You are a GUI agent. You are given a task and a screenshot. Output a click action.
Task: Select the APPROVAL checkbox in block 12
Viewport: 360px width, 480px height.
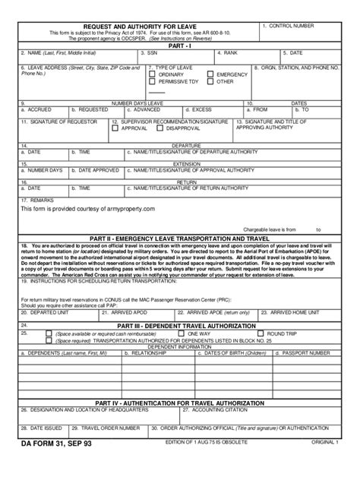pyautogui.click(x=115, y=128)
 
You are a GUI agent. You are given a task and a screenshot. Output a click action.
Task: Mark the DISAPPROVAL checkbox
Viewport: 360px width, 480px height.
pyautogui.click(x=163, y=128)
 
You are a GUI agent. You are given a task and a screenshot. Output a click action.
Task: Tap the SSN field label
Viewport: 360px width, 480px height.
pyautogui.click(x=152, y=54)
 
